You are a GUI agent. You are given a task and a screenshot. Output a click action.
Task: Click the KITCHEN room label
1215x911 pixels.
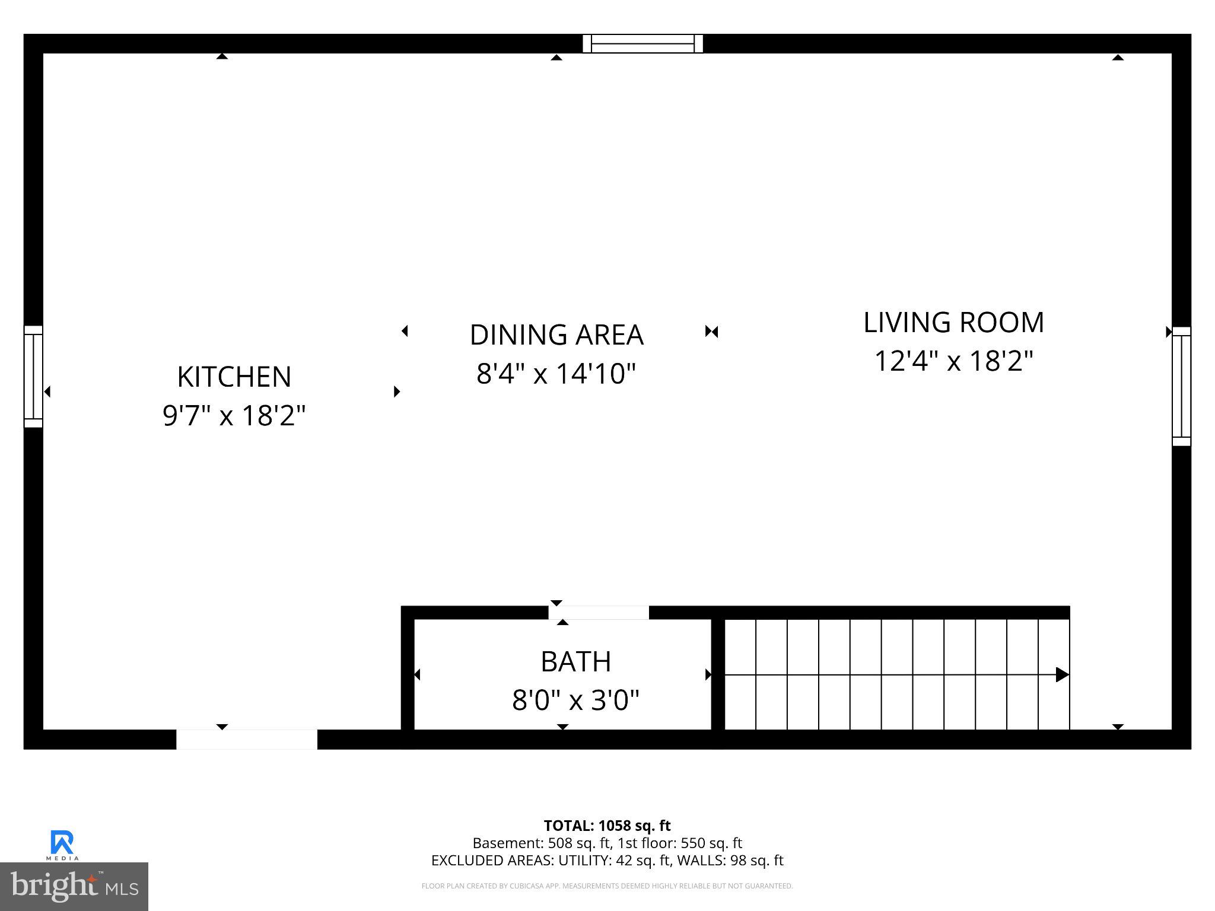pos(234,377)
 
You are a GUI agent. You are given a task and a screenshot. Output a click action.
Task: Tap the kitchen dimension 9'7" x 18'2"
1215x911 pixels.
pos(234,416)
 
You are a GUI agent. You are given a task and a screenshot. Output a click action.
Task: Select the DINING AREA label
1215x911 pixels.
pos(556,335)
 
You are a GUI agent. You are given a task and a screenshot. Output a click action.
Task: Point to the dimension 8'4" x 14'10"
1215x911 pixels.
pos(556,374)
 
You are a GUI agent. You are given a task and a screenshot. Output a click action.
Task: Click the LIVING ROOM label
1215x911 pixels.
pos(953,323)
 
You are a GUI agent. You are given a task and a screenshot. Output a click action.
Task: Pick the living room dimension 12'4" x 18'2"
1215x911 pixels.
pos(953,361)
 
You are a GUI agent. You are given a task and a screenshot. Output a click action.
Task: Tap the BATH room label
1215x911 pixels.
pos(575,662)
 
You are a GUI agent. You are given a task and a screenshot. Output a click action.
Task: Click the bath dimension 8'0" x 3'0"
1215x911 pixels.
pos(575,700)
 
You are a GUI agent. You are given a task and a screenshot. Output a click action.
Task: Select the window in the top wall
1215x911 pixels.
pos(643,44)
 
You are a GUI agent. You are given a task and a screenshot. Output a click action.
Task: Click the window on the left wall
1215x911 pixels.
pos(33,377)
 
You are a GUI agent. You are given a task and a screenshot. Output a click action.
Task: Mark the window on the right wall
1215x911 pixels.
pos(1181,386)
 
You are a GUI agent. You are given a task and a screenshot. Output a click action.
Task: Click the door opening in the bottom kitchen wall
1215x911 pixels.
pos(247,740)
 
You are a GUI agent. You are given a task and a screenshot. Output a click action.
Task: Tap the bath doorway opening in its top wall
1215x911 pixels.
pos(599,613)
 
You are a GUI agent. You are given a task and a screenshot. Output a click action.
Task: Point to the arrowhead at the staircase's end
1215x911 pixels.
pos(1062,674)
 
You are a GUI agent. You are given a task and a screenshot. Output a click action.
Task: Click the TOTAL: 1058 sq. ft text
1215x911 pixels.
pos(607,826)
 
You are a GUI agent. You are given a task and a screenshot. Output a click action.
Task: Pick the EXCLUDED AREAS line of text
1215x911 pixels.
pos(607,861)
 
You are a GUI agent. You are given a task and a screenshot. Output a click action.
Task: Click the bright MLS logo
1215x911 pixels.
pos(74,886)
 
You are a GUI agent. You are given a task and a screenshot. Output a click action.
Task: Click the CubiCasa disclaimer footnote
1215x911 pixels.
pos(607,886)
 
